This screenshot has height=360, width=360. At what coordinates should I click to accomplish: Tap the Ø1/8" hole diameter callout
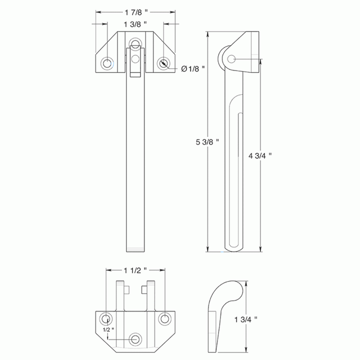pos(193,68)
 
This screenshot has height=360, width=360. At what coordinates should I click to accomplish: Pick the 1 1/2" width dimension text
pos(135,270)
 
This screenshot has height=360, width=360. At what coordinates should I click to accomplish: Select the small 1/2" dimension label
pos(108,330)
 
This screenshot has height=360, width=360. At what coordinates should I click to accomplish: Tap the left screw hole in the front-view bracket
pos(107,63)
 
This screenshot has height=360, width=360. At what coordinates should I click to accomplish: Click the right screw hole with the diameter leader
pos(164,63)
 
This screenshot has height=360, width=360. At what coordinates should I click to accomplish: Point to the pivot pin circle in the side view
pos(231,59)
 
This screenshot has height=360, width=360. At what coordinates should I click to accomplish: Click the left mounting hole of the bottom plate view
pos(106,319)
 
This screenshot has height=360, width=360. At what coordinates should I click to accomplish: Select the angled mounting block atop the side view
pos(244,50)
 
